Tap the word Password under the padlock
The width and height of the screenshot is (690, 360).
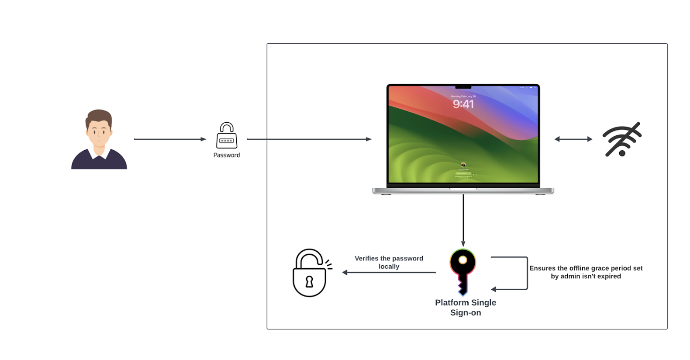pyautogui.click(x=226, y=155)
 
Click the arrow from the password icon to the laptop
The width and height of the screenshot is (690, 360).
pyautogui.click(x=308, y=139)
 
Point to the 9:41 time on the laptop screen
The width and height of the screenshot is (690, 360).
pyautogui.click(x=463, y=104)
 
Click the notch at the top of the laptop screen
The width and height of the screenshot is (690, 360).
pyautogui.click(x=463, y=87)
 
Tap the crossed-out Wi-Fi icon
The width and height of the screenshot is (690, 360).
pyautogui.click(x=622, y=140)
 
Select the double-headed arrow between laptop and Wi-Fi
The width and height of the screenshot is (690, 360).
pyautogui.click(x=573, y=139)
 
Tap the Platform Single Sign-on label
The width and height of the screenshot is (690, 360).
pyautogui.click(x=465, y=308)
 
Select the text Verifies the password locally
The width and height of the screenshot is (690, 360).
pyautogui.click(x=389, y=262)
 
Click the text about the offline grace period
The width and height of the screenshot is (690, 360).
pyautogui.click(x=586, y=272)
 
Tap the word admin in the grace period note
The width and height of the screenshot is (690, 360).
pyautogui.click(x=569, y=276)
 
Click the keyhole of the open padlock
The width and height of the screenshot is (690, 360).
pyautogui.click(x=309, y=282)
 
